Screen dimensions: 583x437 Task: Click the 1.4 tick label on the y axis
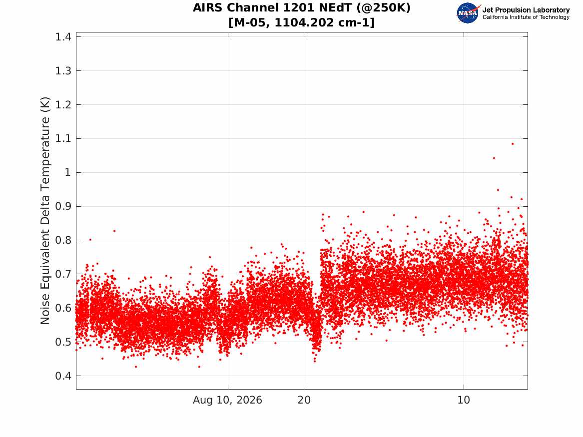63,37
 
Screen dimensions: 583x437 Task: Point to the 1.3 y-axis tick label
63,70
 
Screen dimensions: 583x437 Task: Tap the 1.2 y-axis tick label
63,104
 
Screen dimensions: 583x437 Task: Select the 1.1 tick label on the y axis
63,139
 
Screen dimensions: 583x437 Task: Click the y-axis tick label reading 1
67,172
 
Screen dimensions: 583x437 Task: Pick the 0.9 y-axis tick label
63,206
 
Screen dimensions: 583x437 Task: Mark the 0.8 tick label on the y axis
63,240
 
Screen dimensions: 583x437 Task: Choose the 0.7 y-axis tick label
63,274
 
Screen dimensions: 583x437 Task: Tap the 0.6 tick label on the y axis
63,308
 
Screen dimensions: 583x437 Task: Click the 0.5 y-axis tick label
63,342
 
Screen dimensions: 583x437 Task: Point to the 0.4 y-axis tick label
63,376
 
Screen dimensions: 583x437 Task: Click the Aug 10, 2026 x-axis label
227,400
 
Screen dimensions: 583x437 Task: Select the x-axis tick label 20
304,400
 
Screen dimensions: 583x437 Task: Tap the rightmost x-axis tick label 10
464,400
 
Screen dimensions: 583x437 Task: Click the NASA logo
468,13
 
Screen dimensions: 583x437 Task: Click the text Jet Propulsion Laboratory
526,10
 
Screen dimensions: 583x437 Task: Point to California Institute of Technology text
526,17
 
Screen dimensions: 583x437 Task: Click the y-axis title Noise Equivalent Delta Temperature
45,211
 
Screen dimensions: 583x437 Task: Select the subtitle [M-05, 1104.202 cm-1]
302,22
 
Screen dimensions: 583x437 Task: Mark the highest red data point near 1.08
513,144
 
